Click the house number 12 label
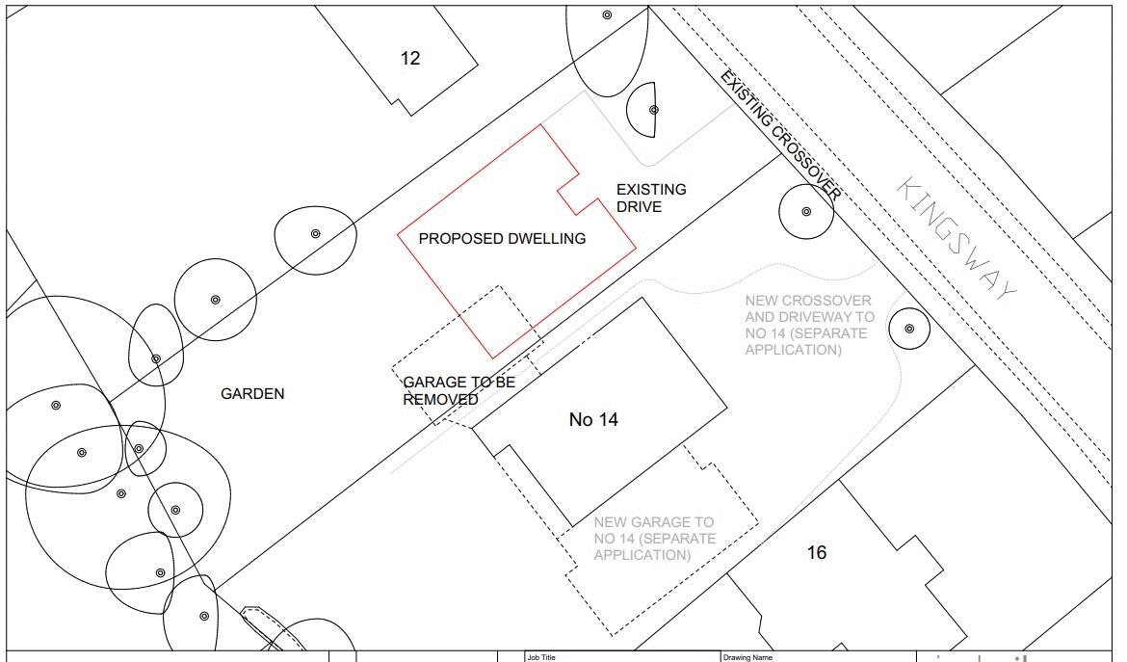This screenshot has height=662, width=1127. (x=410, y=59)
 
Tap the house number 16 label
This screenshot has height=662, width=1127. (x=816, y=553)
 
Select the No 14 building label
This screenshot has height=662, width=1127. (x=593, y=420)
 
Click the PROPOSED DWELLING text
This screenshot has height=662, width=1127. (x=502, y=239)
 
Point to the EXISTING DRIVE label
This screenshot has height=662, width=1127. (x=651, y=198)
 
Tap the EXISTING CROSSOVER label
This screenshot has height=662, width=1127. (x=781, y=136)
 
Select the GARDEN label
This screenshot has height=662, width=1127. (x=252, y=393)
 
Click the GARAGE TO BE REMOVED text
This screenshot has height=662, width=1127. (x=459, y=390)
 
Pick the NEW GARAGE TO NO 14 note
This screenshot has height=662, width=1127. (x=654, y=539)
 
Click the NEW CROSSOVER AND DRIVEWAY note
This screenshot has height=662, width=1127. (x=809, y=326)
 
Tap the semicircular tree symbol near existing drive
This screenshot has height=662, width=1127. (x=645, y=110)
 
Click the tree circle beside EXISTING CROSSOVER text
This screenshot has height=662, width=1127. (x=806, y=211)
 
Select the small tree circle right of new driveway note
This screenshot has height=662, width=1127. (x=908, y=330)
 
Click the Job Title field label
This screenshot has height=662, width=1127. (x=541, y=657)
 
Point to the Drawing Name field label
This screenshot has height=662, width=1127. (x=749, y=657)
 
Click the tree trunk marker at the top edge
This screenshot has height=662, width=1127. (x=607, y=14)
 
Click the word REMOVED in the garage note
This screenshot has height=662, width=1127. (x=440, y=399)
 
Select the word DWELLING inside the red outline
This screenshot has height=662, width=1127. (x=546, y=239)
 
